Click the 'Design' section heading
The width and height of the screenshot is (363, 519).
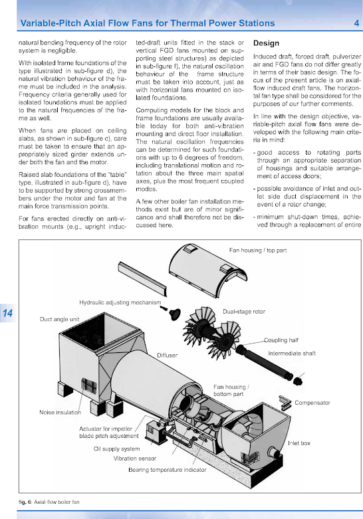click(x=266, y=43)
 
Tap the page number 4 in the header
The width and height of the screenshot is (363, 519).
click(x=356, y=23)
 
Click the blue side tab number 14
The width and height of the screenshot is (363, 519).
click(x=7, y=313)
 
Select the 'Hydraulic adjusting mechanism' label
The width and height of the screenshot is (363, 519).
click(x=120, y=302)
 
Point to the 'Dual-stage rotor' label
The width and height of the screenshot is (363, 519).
click(x=244, y=312)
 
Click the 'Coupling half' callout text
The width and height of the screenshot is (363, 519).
click(x=281, y=340)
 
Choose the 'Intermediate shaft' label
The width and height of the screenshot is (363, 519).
click(x=292, y=353)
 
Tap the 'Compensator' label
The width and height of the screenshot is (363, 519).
click(x=312, y=403)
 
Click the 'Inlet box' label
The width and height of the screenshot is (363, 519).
click(x=299, y=443)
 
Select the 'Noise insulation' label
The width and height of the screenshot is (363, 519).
click(x=60, y=412)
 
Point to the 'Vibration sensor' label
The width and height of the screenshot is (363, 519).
click(x=135, y=459)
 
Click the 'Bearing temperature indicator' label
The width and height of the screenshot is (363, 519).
click(x=168, y=470)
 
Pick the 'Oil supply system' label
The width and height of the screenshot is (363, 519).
click(x=116, y=449)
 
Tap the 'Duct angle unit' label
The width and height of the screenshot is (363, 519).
click(x=59, y=319)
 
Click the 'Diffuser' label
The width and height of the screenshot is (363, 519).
click(x=168, y=355)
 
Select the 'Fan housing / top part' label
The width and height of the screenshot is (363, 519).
click(x=258, y=251)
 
